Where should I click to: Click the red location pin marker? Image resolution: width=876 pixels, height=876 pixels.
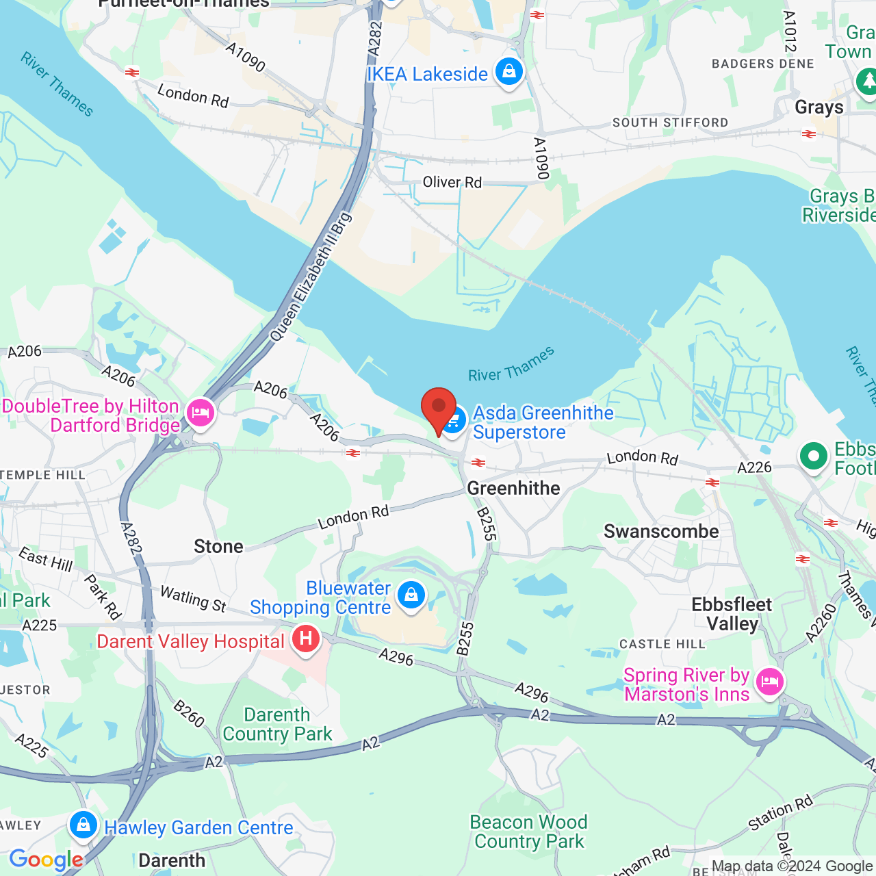pos(439,408)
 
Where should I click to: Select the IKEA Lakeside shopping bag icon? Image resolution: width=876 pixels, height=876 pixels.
pos(508,71)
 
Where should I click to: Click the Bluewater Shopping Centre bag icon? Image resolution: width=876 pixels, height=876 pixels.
pos(411,595)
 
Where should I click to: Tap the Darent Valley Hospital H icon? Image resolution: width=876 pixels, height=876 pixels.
pos(305,640)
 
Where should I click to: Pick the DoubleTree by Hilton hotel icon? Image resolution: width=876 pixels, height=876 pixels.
pos(200,413)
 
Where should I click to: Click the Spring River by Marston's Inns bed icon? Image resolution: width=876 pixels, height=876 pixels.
pos(770,682)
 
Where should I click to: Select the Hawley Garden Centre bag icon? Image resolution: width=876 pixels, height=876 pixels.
pos(83,825)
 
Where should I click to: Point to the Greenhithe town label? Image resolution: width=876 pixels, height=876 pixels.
pos(513,488)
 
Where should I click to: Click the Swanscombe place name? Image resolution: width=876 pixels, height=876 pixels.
pos(661,531)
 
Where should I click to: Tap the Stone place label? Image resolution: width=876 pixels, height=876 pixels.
pos(218,546)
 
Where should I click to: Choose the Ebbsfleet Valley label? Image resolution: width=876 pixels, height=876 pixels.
pos(732,614)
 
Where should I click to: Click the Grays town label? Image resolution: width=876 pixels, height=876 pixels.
pos(819,107)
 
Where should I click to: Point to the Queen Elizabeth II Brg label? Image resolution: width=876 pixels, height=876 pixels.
pos(311,277)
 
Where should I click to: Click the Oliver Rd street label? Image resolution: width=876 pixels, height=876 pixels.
pos(452,182)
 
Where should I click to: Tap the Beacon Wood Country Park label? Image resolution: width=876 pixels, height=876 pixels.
pos(529,832)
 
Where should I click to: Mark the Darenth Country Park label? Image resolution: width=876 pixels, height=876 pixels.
pos(277,724)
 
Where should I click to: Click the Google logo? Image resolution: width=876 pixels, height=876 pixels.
pos(46,860)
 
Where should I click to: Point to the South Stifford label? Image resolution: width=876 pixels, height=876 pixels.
pos(670,123)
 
